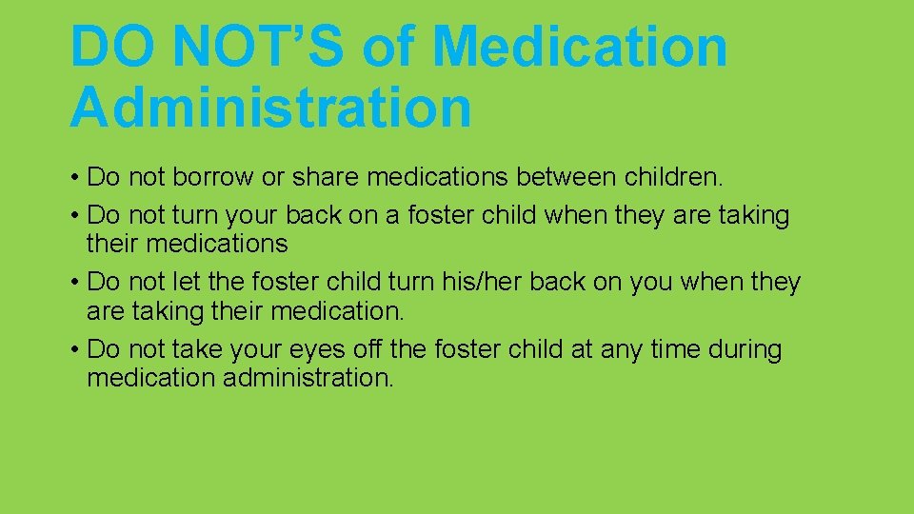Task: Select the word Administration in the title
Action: coord(270,107)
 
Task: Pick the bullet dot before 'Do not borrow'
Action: coord(74,178)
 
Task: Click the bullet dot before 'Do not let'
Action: coord(74,283)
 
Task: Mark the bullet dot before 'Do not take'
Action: coord(74,350)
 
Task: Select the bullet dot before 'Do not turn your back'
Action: coord(74,216)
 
